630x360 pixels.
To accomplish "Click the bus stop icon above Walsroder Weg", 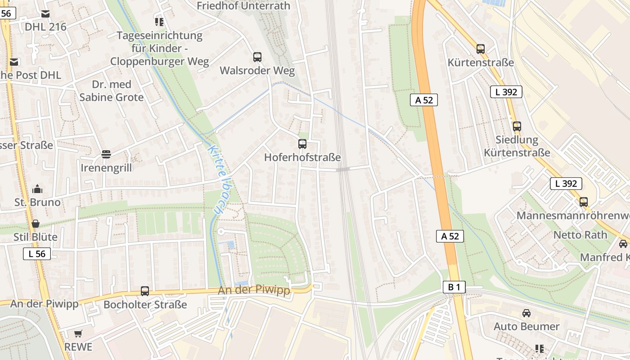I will pos(257,57).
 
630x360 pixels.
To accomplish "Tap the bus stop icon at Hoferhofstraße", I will pos(302,144).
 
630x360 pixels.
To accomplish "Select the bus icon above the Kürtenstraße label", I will pos(481,49).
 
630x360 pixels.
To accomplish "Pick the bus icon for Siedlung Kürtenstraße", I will pos(517,126).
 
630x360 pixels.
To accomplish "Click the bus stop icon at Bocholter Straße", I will pos(145,291).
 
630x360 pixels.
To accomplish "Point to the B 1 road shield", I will pos(454,287).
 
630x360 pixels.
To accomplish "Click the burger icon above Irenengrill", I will pos(106,154).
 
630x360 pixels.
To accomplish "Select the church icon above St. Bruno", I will pos(37,189).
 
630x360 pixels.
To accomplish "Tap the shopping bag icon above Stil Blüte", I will pos(36,224).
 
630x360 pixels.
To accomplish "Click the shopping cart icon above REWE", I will pos(78,333).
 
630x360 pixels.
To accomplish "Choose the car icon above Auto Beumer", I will pos(526,313).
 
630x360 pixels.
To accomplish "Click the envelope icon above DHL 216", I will pos(45,14).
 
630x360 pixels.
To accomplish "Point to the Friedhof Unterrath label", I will pos(243,6).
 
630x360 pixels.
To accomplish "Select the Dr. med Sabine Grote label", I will pos(112,91).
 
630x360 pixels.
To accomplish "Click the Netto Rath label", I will pos(580,235).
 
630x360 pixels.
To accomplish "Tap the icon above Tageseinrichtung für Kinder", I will pos(159,21).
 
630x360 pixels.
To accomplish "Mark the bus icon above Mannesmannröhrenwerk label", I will pos(584,202).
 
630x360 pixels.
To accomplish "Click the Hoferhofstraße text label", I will pos(302,157).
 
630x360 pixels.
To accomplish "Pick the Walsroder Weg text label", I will pos(257,71).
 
